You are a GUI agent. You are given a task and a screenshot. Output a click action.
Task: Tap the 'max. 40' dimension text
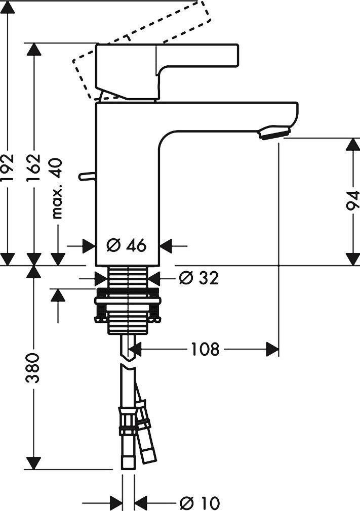58,188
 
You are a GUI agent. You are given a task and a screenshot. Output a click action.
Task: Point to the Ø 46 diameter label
127,246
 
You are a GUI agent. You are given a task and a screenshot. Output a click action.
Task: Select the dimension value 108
205,349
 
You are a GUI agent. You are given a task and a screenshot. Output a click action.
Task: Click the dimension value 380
34,367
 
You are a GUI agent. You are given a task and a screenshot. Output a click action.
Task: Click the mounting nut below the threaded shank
128,309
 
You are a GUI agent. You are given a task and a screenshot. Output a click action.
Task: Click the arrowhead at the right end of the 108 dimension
273,349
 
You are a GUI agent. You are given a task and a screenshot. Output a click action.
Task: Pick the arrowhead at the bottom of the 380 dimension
34,462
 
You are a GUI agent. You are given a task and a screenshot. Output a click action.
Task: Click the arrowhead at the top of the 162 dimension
34,50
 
